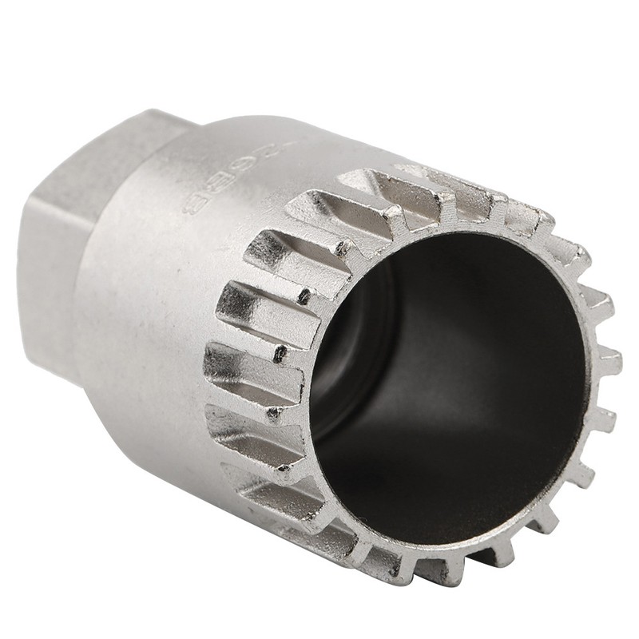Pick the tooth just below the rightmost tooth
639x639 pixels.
603,416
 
